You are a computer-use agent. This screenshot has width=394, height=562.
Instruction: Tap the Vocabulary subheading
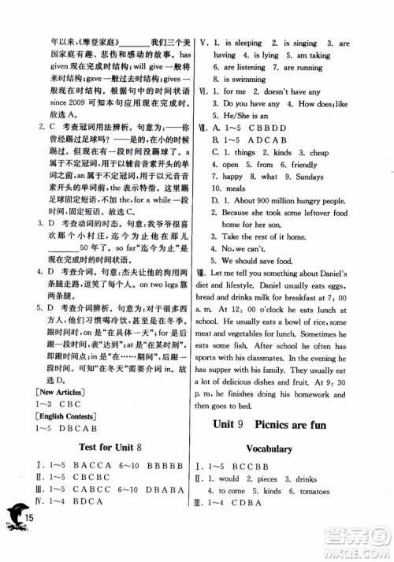[292, 448]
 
